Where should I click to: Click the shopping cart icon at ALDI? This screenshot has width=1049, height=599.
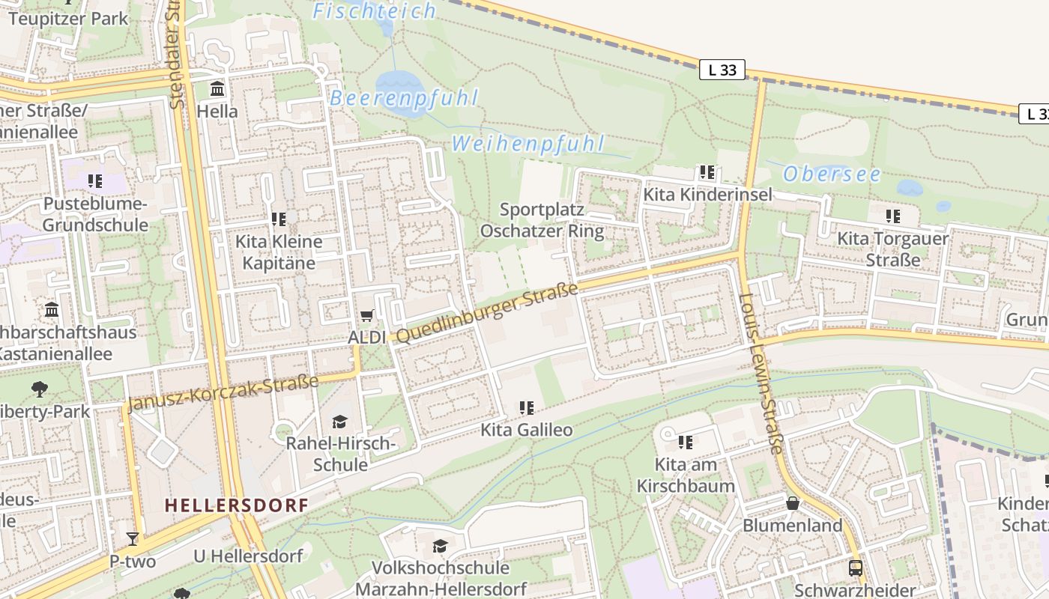[366, 316]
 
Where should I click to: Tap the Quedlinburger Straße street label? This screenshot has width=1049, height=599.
[487, 313]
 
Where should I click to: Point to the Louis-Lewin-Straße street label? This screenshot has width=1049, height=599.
[761, 373]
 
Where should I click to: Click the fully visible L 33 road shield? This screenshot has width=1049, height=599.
[722, 70]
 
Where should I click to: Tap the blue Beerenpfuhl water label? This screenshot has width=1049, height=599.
[404, 98]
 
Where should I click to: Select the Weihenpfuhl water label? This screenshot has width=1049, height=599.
[527, 144]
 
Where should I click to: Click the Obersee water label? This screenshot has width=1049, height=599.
[832, 174]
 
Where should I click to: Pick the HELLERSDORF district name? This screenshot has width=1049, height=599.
[236, 505]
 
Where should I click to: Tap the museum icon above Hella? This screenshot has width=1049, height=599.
[217, 89]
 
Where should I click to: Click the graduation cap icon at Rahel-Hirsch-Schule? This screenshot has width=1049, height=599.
[340, 422]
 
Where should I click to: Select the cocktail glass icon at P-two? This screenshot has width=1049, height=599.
[133, 538]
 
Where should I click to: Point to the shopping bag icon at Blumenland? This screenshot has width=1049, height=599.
[792, 503]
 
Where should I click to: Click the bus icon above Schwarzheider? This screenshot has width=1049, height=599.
[855, 568]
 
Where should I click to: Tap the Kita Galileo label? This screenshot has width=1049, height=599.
[526, 430]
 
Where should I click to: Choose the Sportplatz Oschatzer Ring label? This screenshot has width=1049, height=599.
[542, 220]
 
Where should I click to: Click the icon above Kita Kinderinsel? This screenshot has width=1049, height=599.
[707, 172]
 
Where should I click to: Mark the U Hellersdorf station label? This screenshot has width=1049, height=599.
[247, 556]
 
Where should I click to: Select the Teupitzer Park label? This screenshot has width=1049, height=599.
[68, 19]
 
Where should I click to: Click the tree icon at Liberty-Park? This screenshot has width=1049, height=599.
[39, 389]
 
